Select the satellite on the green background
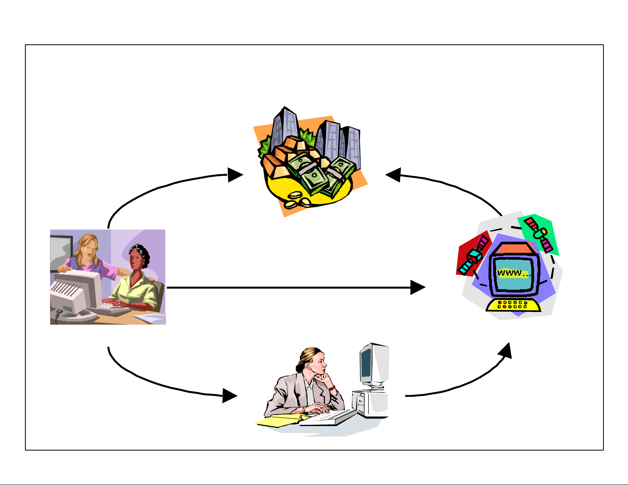(538, 233)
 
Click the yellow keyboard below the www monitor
(513, 305)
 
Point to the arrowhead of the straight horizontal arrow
(418, 287)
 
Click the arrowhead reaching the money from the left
(235, 175)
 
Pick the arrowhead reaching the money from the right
(393, 175)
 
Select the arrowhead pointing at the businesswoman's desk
(229, 396)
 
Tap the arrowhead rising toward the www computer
(505, 351)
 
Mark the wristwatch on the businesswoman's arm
(332, 388)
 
